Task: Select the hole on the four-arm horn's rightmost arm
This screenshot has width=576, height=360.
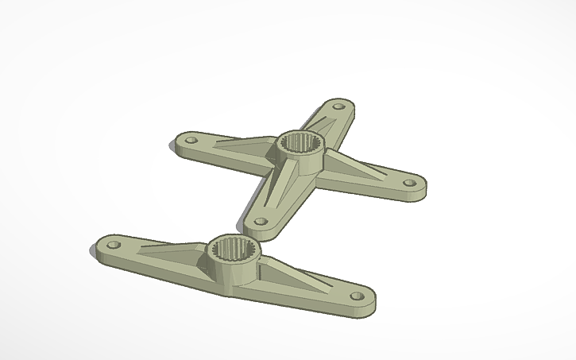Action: coord(410,183)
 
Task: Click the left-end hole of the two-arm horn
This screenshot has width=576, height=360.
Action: coord(112,243)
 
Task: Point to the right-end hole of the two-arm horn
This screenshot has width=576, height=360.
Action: coord(358,296)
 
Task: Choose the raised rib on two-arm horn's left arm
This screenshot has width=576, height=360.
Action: coord(171,249)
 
